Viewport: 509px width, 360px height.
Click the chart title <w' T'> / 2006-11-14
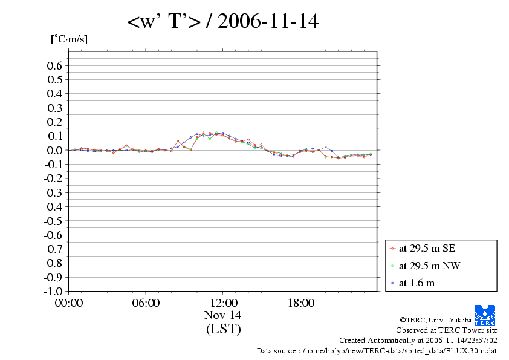(x=222, y=22)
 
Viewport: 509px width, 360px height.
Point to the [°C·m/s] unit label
(x=69, y=39)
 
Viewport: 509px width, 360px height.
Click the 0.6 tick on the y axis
(x=55, y=65)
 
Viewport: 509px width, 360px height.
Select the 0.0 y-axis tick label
(x=55, y=150)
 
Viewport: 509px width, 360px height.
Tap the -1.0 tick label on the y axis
(x=53, y=291)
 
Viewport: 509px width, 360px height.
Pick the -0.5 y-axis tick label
(x=53, y=220)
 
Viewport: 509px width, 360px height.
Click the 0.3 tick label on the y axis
(x=55, y=108)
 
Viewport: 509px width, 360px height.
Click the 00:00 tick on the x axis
(x=68, y=303)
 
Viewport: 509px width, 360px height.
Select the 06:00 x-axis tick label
(x=146, y=303)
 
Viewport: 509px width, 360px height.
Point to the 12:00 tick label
(x=223, y=303)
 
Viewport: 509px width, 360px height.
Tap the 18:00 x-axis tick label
(x=300, y=303)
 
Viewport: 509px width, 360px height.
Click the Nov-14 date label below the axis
(x=223, y=315)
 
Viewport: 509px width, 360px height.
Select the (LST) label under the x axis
(x=223, y=329)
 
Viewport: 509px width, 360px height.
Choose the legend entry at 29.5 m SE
(x=423, y=248)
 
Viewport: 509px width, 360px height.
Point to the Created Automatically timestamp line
(x=418, y=340)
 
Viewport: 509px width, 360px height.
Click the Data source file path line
(x=377, y=350)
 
